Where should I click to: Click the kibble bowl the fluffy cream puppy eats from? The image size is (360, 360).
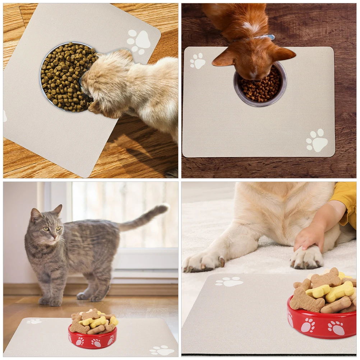(x=61, y=77)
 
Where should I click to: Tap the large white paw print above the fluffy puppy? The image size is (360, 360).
(x=139, y=41)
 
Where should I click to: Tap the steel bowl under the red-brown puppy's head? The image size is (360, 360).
(x=260, y=86)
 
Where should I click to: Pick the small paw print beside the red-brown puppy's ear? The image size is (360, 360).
(x=197, y=61)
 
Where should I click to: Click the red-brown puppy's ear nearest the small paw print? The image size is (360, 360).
(x=225, y=57)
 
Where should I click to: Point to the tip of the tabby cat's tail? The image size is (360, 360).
(x=165, y=207)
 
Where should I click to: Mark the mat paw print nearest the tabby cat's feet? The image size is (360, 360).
(x=34, y=321)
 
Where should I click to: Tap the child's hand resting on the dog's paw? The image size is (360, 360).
(x=310, y=237)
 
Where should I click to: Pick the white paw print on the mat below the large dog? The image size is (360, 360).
(x=229, y=282)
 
